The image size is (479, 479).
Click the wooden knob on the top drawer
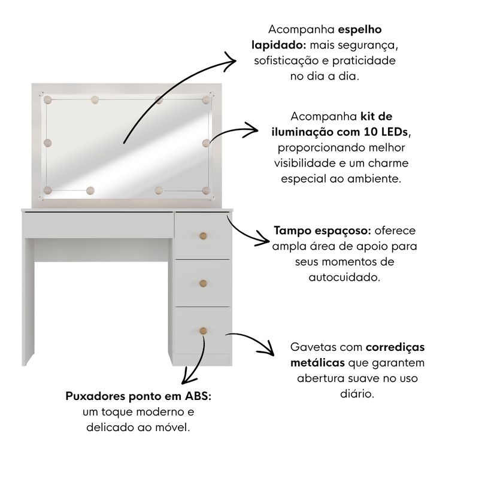pyautogui.click(x=203, y=236)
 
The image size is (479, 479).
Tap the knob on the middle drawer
pyautogui.click(x=203, y=283)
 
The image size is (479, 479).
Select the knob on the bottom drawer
pyautogui.click(x=203, y=331)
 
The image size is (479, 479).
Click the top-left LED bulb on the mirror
pyautogui.click(x=48, y=99)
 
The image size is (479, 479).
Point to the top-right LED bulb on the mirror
pyautogui.click(x=206, y=99)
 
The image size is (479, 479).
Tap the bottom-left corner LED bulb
pyautogui.click(x=48, y=190)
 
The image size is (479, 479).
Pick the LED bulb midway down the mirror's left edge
pyautogui.click(x=48, y=143)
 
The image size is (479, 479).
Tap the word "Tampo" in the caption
pyautogui.click(x=291, y=231)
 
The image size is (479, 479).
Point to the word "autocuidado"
pyautogui.click(x=345, y=277)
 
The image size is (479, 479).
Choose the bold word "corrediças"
pyautogui.click(x=395, y=348)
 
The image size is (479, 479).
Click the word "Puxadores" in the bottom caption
pyautogui.click(x=96, y=396)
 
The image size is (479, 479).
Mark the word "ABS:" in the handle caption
pyautogui.click(x=198, y=396)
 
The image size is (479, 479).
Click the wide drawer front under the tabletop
pyautogui.click(x=98, y=225)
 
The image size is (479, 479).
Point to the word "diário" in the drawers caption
pyautogui.click(x=357, y=394)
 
